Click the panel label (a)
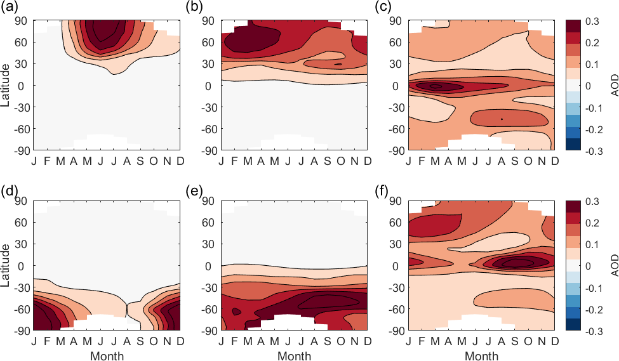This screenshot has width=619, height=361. pyautogui.click(x=8, y=8)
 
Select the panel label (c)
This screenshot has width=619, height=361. pyautogui.click(x=383, y=8)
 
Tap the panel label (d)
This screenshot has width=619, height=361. pyautogui.click(x=8, y=188)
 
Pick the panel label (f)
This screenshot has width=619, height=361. pyautogui.click(x=382, y=188)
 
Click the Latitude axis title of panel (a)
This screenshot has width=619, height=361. pyautogui.click(x=6, y=85)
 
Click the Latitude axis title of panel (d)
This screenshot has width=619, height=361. pyautogui.click(x=6, y=266)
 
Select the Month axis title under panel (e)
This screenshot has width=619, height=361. pyautogui.click(x=294, y=356)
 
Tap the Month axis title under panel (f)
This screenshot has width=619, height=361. pyautogui.click(x=481, y=356)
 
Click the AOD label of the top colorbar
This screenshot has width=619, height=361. pyautogui.click(x=615, y=86)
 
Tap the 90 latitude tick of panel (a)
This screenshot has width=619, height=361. pyautogui.click(x=22, y=21)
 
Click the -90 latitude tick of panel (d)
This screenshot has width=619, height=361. pyautogui.click(x=20, y=331)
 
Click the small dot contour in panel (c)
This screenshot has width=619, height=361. pyautogui.click(x=502, y=119)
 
